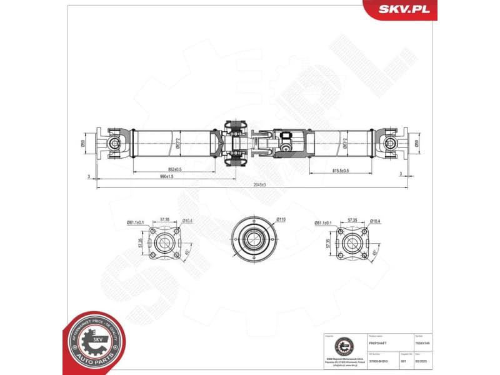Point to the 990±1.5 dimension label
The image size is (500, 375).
click(165, 177)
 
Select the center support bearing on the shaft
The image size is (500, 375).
click(235, 143)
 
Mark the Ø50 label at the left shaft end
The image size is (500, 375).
click(84, 143)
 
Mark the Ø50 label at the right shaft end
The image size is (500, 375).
click(417, 143)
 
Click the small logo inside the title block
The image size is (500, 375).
click(342, 346)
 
